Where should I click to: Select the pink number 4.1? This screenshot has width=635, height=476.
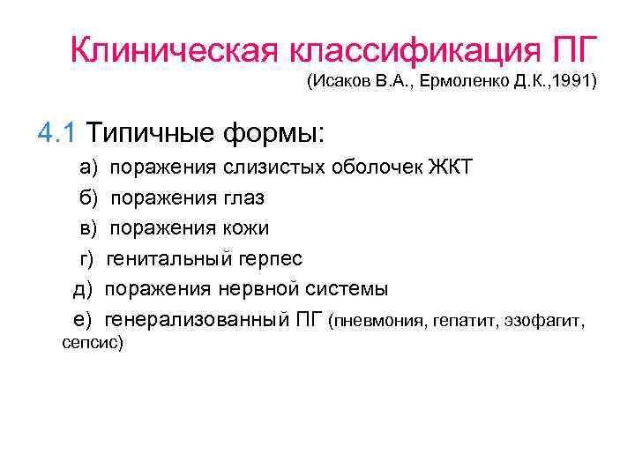pos(58,133)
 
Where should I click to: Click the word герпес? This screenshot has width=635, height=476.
pos(271,259)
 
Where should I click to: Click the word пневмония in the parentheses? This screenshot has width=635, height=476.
pos(375,322)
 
